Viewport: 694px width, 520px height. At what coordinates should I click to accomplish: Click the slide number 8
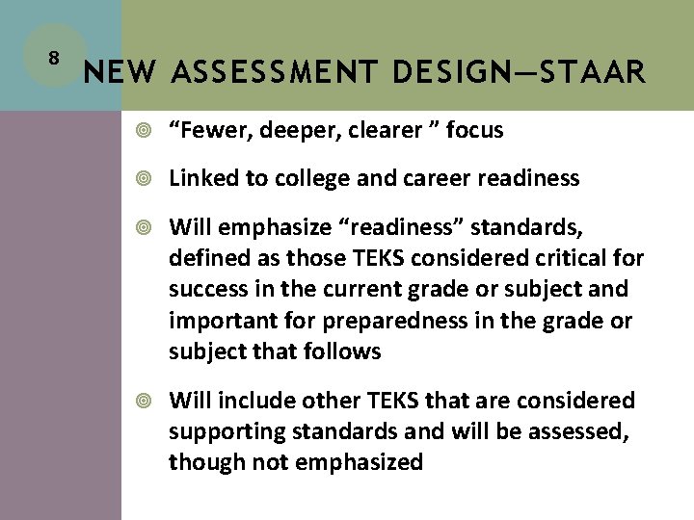coord(54,57)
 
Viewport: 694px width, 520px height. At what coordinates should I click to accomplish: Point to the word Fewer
coord(211,130)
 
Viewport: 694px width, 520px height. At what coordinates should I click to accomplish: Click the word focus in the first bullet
coord(473,130)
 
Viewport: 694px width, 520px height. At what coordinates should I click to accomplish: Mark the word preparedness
coord(371,321)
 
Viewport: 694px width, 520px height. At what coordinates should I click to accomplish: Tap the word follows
coord(343,351)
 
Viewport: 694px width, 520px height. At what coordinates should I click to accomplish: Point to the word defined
coord(209,258)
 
